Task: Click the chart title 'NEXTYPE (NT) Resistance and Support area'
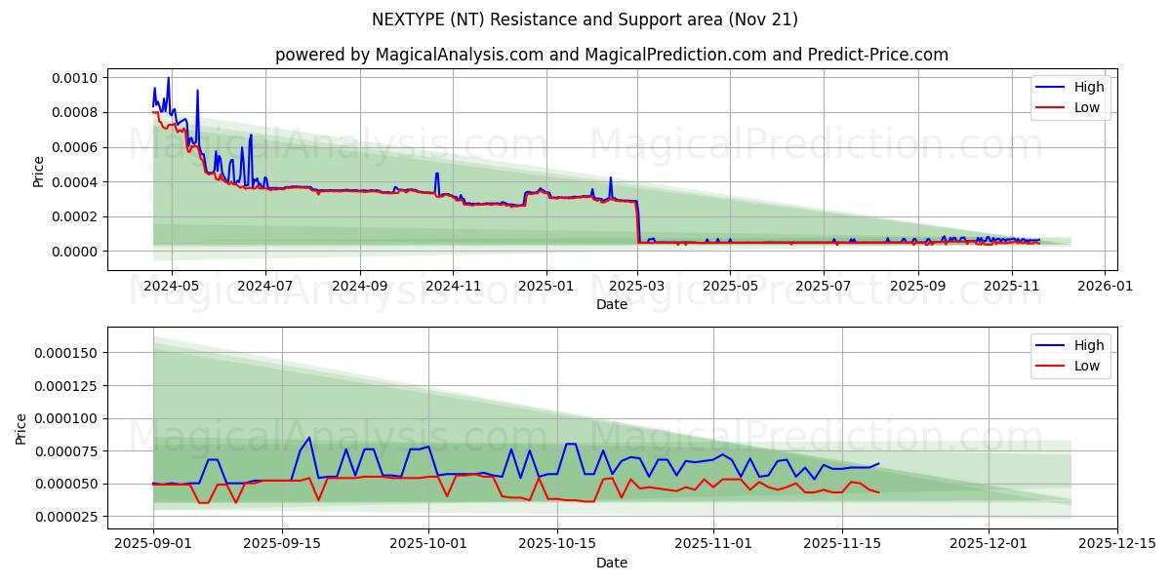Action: click(585, 19)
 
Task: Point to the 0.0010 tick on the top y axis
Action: click(74, 78)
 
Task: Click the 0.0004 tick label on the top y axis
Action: click(74, 182)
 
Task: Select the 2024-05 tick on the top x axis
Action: click(172, 287)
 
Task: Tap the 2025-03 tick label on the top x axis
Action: click(637, 287)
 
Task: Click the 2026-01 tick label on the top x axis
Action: click(1104, 287)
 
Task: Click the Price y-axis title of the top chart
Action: click(39, 171)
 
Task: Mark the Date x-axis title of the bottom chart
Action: click(612, 563)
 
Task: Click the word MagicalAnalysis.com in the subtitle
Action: click(459, 55)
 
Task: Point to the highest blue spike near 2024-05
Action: click(168, 78)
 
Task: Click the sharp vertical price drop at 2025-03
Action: click(638, 222)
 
